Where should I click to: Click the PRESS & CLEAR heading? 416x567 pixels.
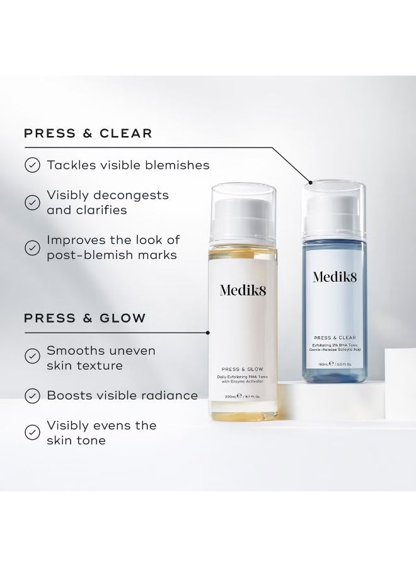88,133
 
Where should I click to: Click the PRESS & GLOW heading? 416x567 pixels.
85,318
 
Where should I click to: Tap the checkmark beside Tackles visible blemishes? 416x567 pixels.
32,165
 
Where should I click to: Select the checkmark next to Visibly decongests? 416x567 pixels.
32,202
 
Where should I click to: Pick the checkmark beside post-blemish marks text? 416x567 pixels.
32,248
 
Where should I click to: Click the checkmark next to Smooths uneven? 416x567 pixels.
32,357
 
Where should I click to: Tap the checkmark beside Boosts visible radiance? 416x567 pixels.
32,396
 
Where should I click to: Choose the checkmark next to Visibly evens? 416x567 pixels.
32,432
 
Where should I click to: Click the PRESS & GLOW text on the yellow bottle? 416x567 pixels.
242,370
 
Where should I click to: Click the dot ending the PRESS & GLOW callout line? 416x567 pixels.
208,331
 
